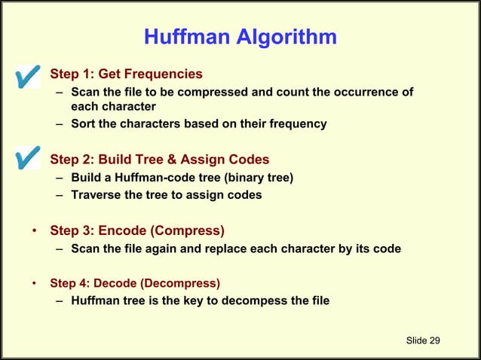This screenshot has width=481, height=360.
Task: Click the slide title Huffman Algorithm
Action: click(x=240, y=37)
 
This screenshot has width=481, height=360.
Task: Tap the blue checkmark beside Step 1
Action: click(x=26, y=76)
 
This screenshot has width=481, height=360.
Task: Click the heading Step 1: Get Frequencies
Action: click(x=126, y=74)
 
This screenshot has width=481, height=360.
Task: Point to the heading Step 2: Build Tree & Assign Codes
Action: click(x=159, y=160)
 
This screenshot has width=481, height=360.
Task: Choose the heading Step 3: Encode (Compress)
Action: click(x=136, y=230)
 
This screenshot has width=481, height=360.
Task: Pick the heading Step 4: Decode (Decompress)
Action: click(x=135, y=284)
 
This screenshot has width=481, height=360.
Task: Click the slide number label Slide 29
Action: click(x=422, y=341)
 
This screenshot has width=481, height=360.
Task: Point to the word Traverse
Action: click(x=97, y=195)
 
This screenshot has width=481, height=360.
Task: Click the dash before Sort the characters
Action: click(x=60, y=124)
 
